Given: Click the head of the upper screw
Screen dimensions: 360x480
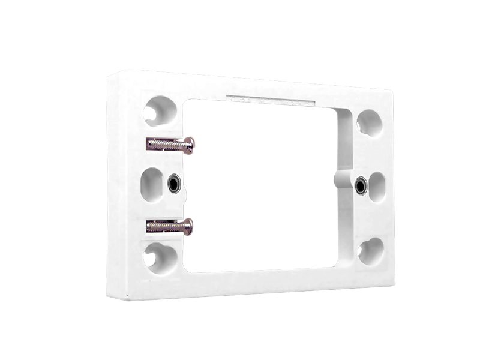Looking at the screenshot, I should pos(189,145).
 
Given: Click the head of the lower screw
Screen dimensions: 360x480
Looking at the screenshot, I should pos(188,226).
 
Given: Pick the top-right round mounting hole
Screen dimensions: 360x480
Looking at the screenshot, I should pos(369,122).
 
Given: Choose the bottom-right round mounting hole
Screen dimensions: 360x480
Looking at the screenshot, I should pos(370,250).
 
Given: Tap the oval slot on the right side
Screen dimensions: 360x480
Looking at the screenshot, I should pos(377,187).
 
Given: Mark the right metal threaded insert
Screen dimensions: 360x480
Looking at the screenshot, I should pos(360,186).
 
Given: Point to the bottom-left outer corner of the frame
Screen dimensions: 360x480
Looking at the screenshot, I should pos(109,298).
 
